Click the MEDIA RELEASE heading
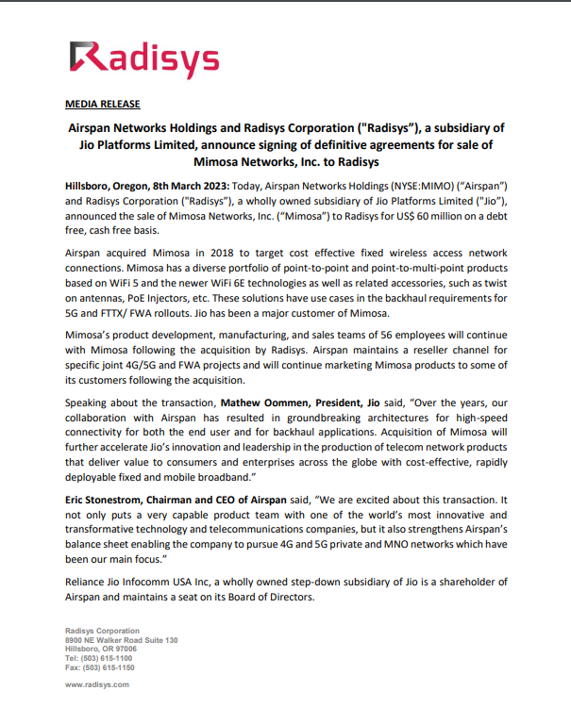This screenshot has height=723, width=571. click(x=102, y=104)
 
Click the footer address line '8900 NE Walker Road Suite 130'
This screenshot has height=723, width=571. click(x=121, y=640)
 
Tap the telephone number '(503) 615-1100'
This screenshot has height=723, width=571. click(x=109, y=658)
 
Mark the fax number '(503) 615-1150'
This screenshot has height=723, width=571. click(x=110, y=666)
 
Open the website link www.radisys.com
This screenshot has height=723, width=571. click(x=96, y=684)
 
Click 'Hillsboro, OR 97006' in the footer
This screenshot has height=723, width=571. click(x=100, y=649)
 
